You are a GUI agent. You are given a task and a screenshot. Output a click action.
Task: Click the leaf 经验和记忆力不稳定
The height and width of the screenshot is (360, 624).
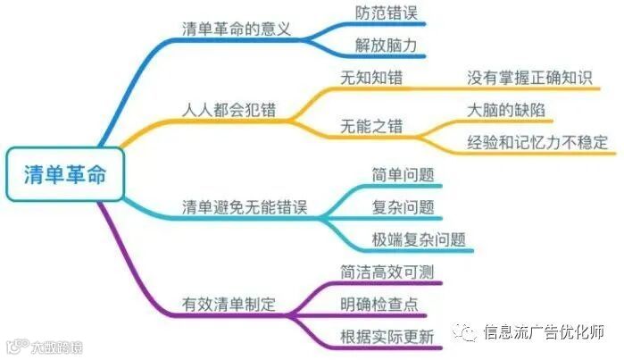[537, 142]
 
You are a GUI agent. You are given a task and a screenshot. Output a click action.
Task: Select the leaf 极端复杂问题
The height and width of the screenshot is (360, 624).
[412, 240]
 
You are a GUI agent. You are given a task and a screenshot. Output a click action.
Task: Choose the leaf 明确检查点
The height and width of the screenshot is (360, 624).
[379, 304]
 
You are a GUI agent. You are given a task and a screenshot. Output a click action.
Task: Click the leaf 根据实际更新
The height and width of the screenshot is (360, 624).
[387, 337]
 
